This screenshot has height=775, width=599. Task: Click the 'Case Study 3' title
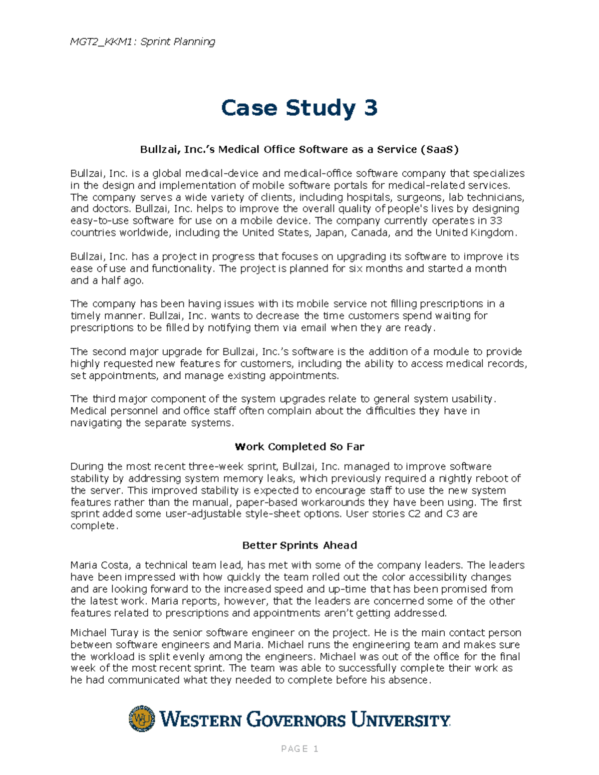(x=299, y=108)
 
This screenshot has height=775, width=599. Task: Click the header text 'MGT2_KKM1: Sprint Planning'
(x=143, y=41)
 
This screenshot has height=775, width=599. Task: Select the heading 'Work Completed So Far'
(x=299, y=447)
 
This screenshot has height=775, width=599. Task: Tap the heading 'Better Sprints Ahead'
(x=299, y=545)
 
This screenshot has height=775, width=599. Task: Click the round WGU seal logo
(x=142, y=719)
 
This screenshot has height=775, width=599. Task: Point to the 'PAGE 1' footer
(x=299, y=749)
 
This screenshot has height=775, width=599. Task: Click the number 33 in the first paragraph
(x=496, y=221)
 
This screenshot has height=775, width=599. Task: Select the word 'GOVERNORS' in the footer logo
(x=296, y=720)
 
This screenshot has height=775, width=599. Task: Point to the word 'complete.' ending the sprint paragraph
(x=94, y=526)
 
